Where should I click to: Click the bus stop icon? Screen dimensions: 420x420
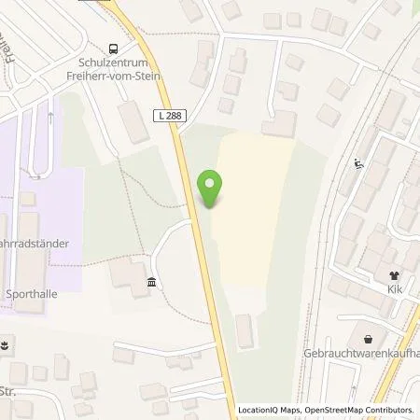114,49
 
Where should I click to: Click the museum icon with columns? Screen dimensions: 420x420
150,283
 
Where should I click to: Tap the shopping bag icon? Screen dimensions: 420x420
371,339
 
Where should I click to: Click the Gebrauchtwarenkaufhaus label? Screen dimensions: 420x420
359,354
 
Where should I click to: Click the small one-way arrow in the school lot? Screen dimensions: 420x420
48,119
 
